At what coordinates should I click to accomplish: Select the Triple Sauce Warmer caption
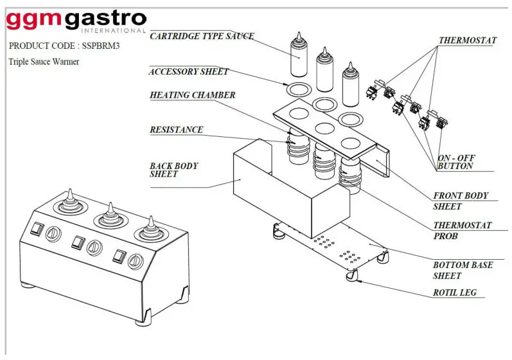(x=44, y=62)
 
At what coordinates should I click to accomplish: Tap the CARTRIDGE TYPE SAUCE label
(x=202, y=36)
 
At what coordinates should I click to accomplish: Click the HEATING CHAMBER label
(x=192, y=95)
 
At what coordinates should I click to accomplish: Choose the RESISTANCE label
(x=176, y=130)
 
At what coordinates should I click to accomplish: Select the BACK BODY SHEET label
(x=173, y=170)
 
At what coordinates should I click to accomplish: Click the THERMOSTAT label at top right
(x=467, y=40)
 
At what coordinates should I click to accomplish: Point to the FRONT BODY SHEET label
(x=461, y=201)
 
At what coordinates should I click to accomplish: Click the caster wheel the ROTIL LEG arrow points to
(x=350, y=276)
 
